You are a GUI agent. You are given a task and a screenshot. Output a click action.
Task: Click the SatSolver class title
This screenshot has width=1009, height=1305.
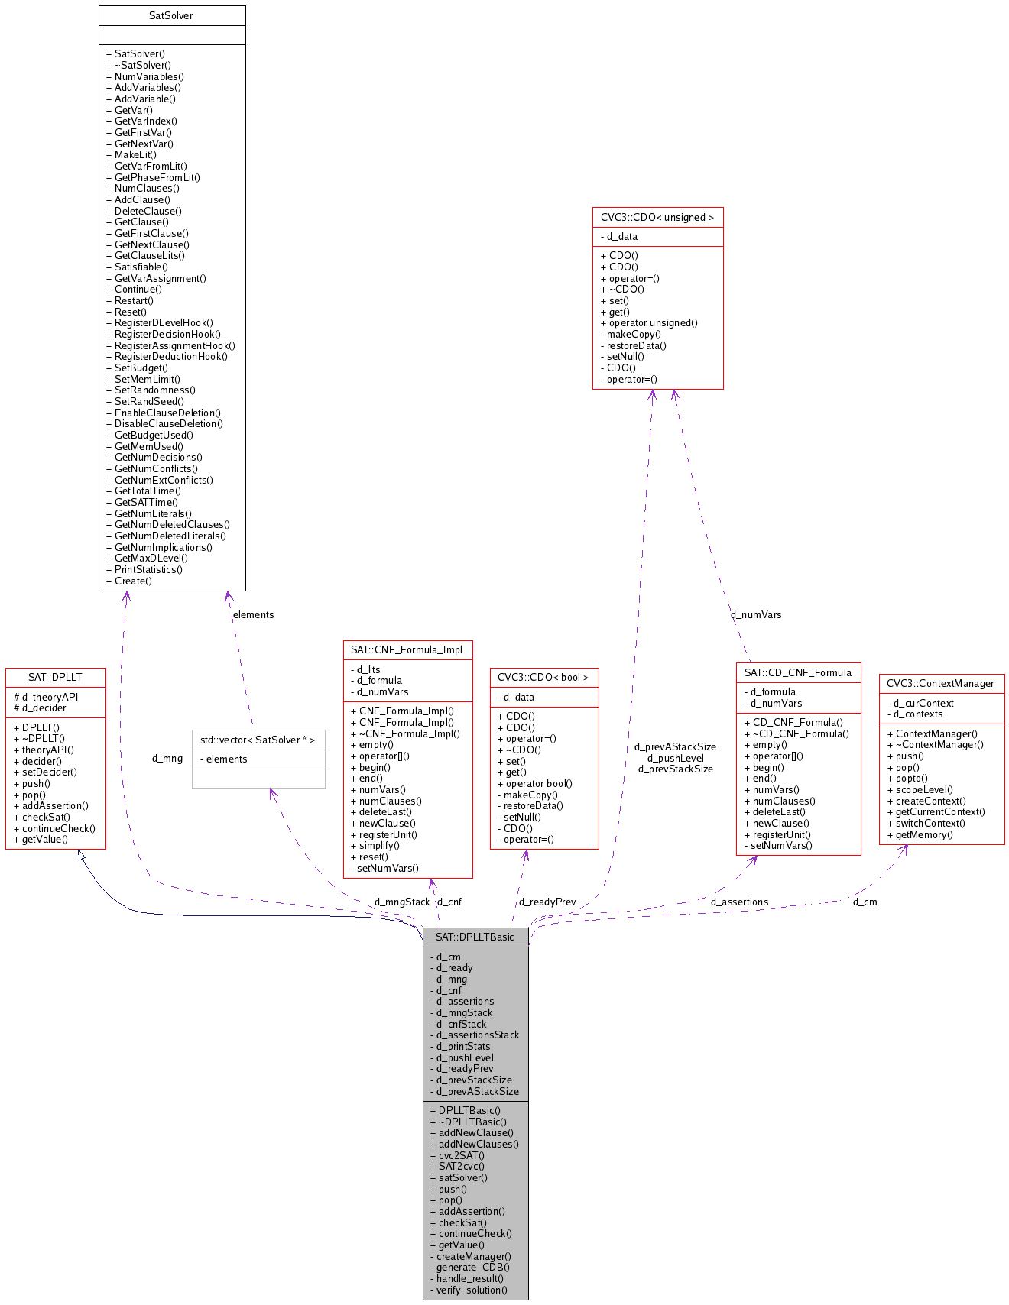point(171,15)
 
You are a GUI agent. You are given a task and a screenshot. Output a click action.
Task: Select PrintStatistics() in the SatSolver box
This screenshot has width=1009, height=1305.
point(148,569)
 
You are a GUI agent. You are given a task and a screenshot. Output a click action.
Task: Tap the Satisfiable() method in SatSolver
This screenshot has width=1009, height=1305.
point(141,267)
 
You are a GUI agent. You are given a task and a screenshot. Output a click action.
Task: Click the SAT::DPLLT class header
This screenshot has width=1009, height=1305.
point(55,677)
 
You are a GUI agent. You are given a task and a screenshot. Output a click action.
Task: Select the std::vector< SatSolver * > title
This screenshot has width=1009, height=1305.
point(258,740)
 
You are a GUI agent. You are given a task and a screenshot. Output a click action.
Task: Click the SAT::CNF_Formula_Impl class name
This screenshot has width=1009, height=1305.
point(407,650)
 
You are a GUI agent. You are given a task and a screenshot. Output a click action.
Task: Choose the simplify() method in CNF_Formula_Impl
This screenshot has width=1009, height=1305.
point(375,845)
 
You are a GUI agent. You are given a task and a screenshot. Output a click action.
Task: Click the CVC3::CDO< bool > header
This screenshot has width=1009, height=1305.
point(543,677)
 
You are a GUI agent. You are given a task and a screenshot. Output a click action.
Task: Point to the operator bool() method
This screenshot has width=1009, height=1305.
point(538,783)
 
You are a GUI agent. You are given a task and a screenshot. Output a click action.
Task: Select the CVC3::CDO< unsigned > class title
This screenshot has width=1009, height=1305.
point(657,217)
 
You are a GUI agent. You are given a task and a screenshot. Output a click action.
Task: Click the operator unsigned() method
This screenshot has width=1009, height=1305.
point(653,322)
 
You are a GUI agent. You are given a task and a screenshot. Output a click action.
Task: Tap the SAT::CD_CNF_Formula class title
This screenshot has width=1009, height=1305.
point(798,672)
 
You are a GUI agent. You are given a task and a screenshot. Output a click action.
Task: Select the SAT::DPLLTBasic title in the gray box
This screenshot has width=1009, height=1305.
point(475,937)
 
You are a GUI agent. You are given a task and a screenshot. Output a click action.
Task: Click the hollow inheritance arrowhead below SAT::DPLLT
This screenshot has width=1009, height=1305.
point(81,856)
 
